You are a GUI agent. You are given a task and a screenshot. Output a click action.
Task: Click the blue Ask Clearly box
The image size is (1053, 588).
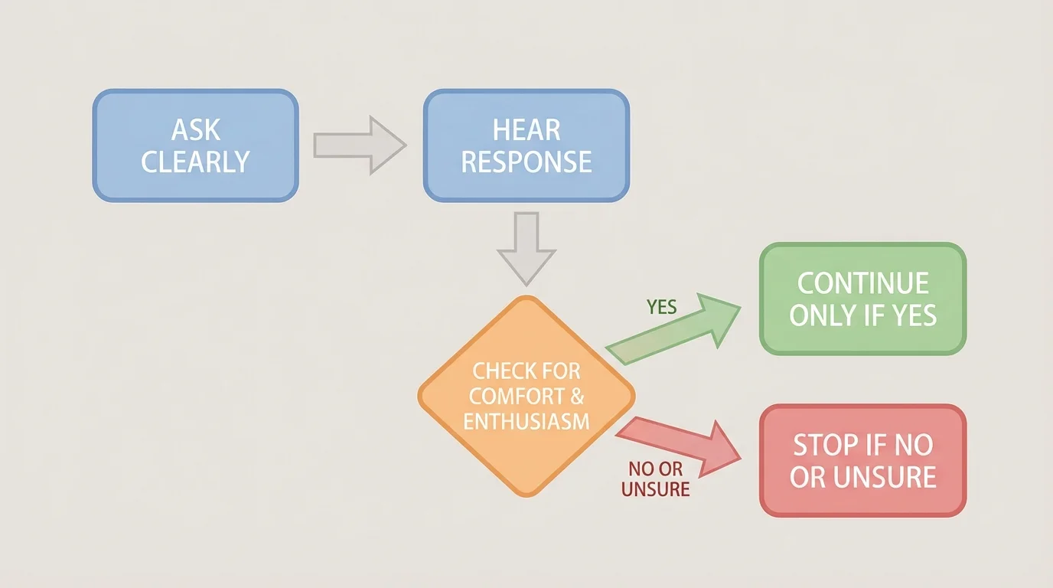195,145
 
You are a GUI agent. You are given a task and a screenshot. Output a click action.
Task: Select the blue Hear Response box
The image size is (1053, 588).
526,145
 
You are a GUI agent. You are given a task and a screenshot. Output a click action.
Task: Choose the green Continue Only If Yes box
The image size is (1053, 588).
862,299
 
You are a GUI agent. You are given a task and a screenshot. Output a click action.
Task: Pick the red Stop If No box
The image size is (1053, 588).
862,460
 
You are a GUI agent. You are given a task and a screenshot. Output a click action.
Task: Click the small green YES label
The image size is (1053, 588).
661,307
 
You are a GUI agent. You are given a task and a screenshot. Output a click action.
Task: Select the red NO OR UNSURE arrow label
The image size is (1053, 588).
655,479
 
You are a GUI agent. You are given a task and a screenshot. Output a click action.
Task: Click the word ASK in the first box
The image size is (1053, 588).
196,129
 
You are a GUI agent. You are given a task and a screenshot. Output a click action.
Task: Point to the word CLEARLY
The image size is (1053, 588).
195,162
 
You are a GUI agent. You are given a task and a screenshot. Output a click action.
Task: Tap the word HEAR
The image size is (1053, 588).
526,129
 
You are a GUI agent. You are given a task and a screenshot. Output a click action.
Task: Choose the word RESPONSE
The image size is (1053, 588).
526,162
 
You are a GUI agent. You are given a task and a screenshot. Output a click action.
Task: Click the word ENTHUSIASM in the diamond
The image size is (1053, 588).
526,420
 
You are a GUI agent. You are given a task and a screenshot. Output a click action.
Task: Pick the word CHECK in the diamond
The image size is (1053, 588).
495,371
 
